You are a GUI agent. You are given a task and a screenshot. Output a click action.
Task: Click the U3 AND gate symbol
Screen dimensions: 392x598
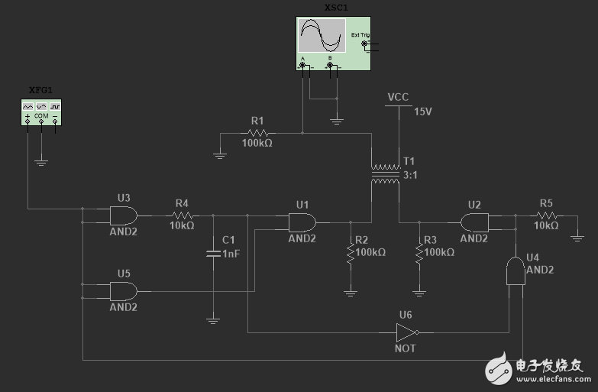[x=124, y=215]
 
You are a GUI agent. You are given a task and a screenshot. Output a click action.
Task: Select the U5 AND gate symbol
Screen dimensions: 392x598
[x=124, y=291]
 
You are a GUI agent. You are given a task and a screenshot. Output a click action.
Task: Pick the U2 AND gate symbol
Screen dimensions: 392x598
[x=474, y=222]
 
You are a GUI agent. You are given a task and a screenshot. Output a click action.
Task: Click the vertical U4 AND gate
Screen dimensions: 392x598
[x=516, y=271]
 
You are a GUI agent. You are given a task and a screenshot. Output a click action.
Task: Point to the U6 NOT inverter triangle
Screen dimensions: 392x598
[x=406, y=332]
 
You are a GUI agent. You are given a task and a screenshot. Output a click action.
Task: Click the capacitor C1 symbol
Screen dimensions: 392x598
[x=213, y=253]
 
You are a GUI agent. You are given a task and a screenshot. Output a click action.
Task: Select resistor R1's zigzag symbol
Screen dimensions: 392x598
[x=257, y=133]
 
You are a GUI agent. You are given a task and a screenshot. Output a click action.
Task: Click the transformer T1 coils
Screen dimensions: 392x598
[x=385, y=173]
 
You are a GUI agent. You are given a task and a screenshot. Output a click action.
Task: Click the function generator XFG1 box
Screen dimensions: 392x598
[x=41, y=112]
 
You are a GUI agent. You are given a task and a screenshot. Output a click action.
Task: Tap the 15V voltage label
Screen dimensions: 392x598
[x=423, y=112]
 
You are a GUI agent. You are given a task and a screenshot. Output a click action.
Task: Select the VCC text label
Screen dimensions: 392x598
[x=398, y=97]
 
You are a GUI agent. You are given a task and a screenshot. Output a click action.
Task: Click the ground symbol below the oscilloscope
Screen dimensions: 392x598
[x=336, y=120]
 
